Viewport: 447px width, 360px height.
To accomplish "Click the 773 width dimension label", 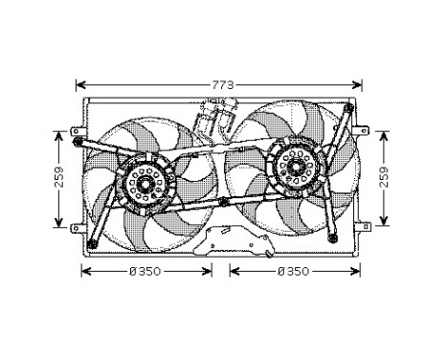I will [x=222, y=86].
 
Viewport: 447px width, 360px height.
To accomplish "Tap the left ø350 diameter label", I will [x=145, y=272].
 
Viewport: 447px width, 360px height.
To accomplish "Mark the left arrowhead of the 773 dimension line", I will [x=80, y=85].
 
